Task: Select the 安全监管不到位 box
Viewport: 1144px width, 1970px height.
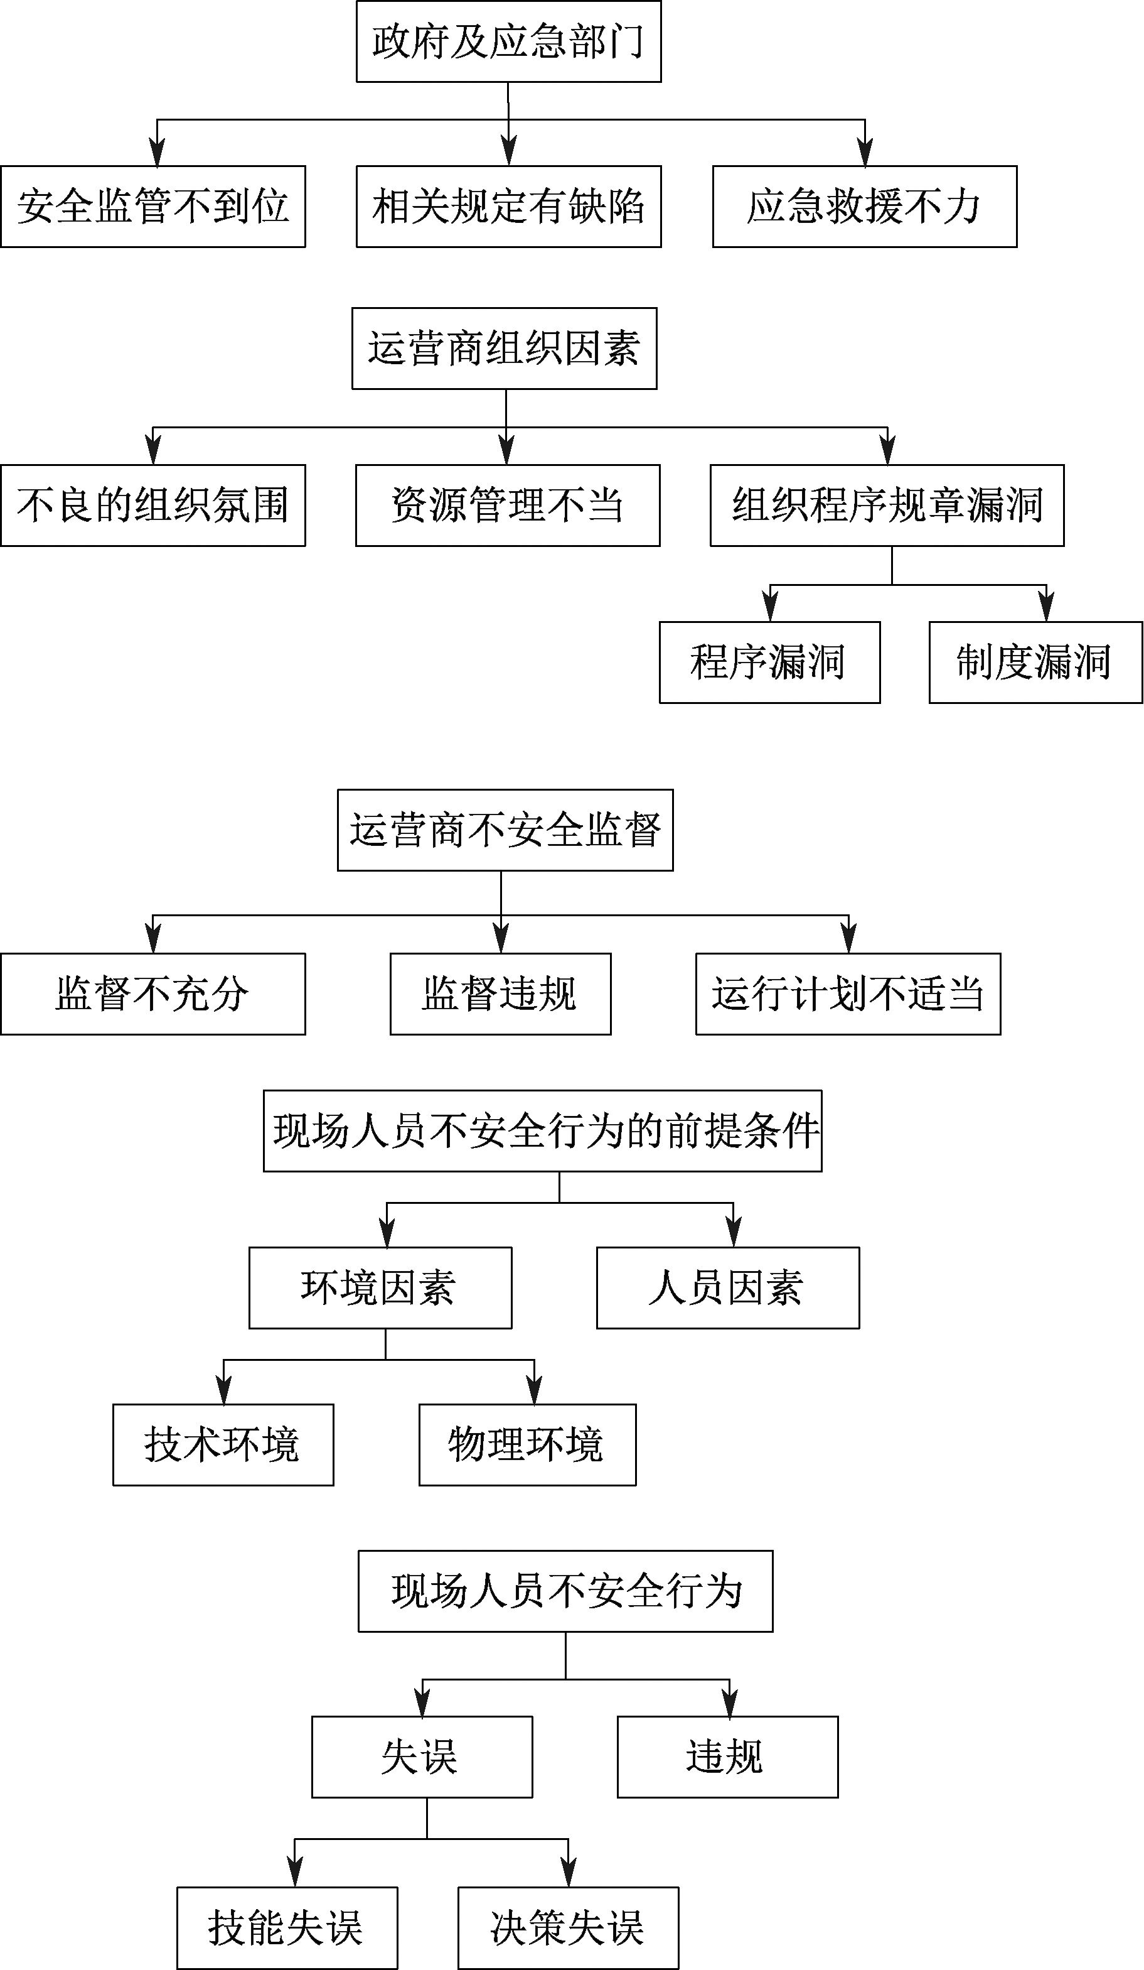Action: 153,207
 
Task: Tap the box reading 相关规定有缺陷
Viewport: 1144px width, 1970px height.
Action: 509,207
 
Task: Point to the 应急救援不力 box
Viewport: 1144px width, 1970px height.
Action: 865,207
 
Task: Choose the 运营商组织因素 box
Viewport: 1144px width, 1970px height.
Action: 504,348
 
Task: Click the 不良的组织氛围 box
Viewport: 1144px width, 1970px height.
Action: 153,505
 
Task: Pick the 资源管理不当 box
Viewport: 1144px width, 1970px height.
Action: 508,505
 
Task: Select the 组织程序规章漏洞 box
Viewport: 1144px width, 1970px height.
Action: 887,505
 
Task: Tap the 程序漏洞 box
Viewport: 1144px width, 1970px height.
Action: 770,662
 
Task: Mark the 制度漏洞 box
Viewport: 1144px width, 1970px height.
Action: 1035,662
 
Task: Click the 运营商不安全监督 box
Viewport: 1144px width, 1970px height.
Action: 505,830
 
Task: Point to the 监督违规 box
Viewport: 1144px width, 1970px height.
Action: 501,993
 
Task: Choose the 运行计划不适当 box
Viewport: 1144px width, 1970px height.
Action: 848,993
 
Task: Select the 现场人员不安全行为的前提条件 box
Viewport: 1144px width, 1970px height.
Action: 542,1130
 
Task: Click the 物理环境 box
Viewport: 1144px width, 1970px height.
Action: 528,1444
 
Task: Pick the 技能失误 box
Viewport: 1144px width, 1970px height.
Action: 287,1928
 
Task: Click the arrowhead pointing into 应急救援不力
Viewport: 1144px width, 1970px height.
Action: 865,153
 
